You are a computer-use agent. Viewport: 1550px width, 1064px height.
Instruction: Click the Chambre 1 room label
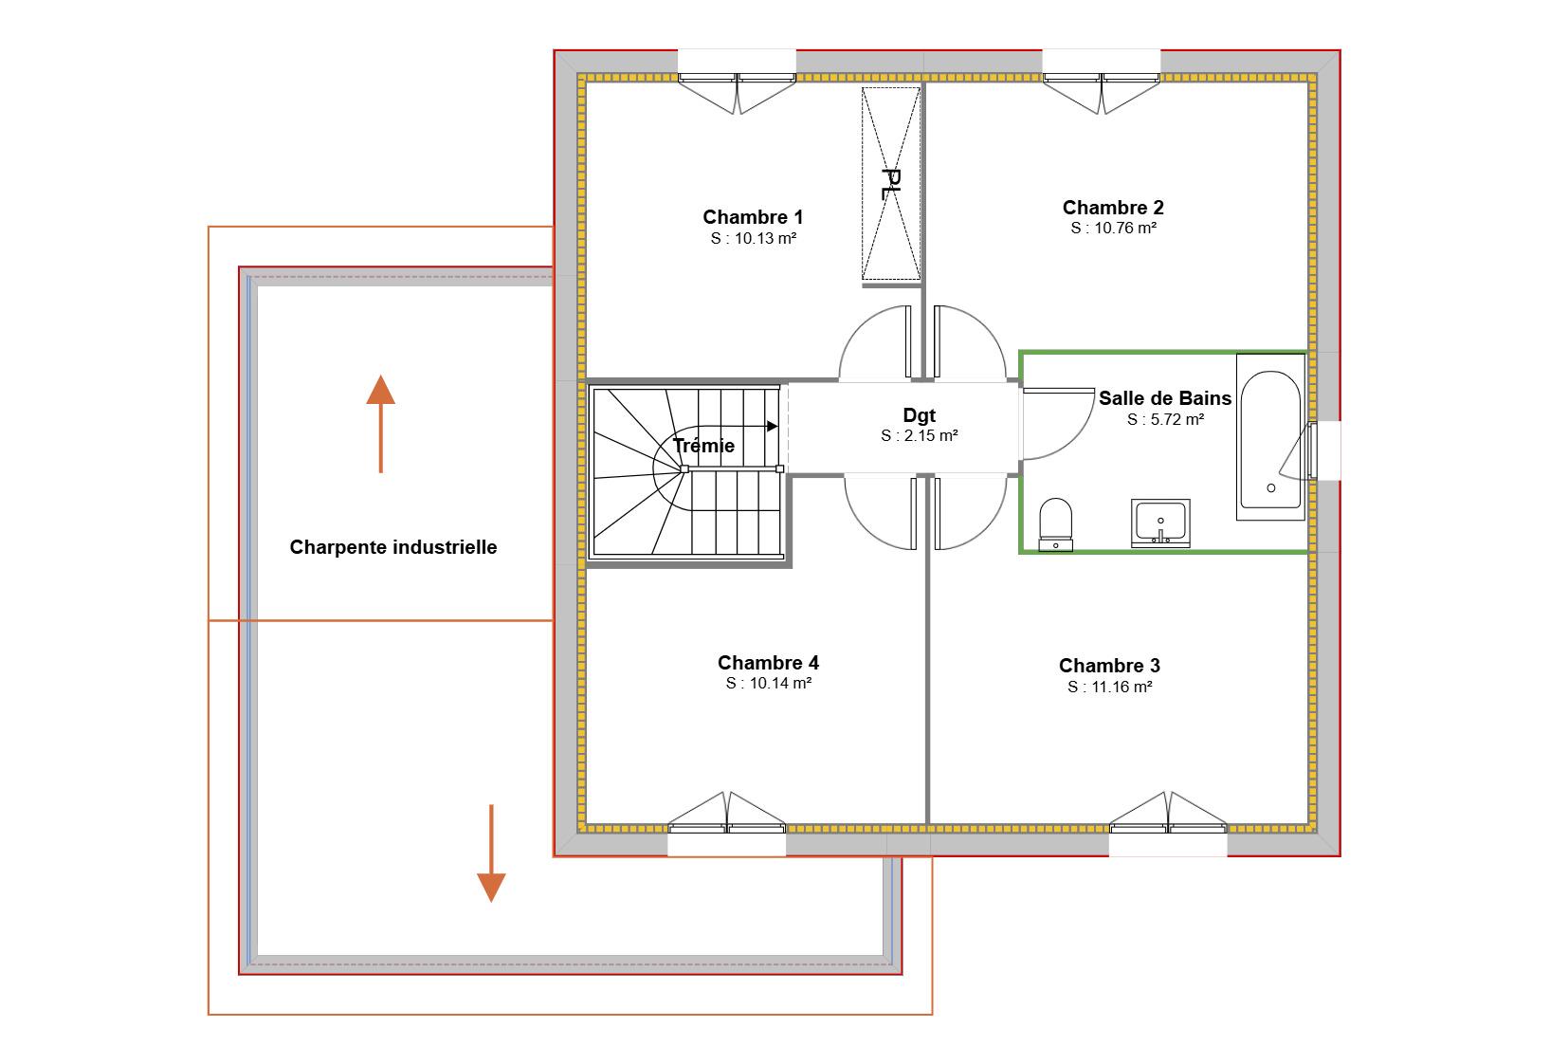click(x=753, y=217)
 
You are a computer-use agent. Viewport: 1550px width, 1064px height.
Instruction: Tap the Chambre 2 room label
click(x=1113, y=208)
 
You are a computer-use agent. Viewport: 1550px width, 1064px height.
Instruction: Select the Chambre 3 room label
click(x=1109, y=666)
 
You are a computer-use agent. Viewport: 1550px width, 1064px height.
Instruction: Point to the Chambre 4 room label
click(x=768, y=663)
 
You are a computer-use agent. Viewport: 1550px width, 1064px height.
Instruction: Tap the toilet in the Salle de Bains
click(x=1056, y=524)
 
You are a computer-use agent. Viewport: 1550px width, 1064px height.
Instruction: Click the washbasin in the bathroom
click(x=1160, y=523)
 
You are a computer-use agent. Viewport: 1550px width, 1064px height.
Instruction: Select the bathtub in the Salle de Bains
click(x=1270, y=437)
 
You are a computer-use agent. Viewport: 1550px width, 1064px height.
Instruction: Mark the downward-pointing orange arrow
click(x=491, y=853)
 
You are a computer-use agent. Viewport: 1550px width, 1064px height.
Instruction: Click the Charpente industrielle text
click(x=393, y=547)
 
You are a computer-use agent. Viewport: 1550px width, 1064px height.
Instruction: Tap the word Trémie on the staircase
click(x=703, y=445)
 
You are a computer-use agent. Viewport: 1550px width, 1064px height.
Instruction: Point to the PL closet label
click(x=891, y=184)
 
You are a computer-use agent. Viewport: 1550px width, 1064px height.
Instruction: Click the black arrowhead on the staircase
click(x=773, y=427)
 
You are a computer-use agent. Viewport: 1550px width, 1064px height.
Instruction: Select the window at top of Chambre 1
click(x=737, y=82)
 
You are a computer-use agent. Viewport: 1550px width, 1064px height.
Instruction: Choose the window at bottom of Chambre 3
click(x=1168, y=824)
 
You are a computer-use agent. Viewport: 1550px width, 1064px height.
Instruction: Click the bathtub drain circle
click(x=1271, y=488)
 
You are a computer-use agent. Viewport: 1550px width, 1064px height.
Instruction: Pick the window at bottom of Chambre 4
click(x=726, y=824)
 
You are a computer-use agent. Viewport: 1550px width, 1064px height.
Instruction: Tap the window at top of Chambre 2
click(x=1102, y=82)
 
